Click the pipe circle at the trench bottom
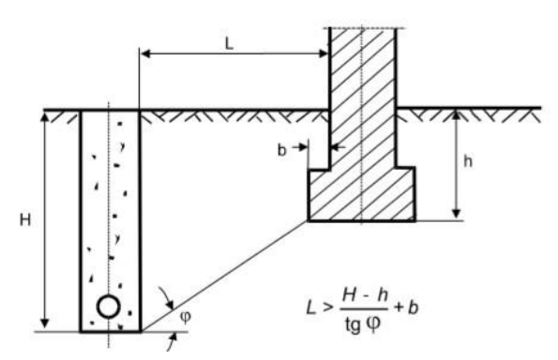point(109,307)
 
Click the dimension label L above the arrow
point(229,44)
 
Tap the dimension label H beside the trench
point(25,219)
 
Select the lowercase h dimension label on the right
point(468,161)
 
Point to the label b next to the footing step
point(281,150)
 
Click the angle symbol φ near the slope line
point(186,316)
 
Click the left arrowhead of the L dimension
point(144,53)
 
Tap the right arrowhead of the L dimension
point(324,53)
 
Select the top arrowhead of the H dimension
point(44,116)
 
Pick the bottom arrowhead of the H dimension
point(44,323)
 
